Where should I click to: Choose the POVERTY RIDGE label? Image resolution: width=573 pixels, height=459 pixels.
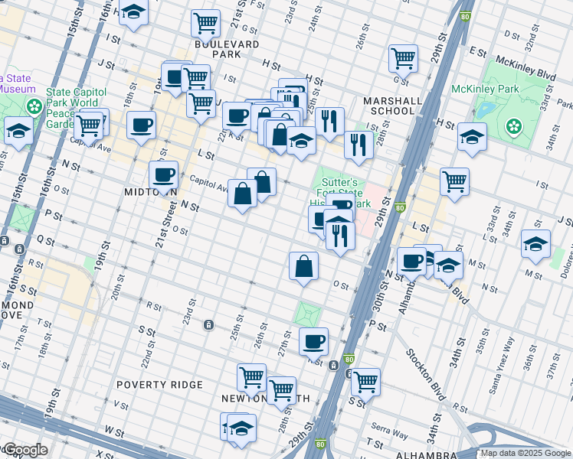[x=159, y=384]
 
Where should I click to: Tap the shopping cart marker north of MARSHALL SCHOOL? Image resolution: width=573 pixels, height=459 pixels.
[x=403, y=57]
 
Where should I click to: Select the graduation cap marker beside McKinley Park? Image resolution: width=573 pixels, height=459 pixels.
[x=473, y=138]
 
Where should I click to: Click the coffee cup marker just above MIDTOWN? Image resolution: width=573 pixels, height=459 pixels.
[x=162, y=174]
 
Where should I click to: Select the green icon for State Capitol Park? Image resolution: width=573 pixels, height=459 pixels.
[x=34, y=106]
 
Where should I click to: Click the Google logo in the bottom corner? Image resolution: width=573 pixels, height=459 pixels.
[x=25, y=450]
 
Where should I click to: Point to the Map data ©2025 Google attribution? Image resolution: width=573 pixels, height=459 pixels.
[x=526, y=453]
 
